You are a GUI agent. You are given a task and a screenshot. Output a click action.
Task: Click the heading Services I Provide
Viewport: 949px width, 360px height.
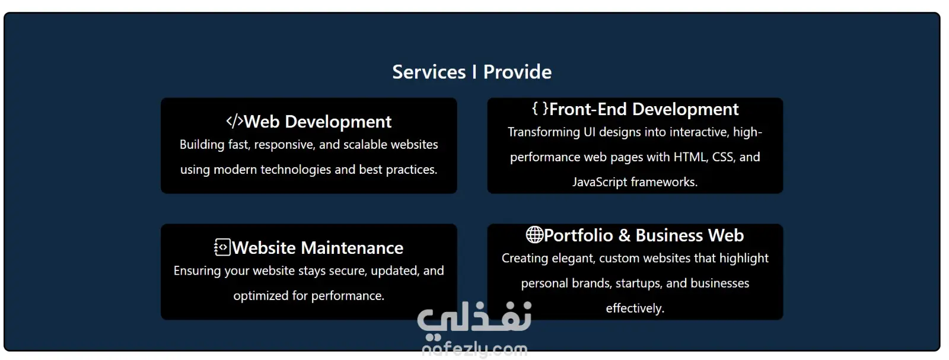point(472,72)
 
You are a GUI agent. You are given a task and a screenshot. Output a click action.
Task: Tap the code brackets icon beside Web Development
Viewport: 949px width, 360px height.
point(235,121)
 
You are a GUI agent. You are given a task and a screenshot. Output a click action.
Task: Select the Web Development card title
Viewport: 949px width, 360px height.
point(318,122)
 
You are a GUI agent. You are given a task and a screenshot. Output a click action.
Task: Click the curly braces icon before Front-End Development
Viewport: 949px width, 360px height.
point(540,109)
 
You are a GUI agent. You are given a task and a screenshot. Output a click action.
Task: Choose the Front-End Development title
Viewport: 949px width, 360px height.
point(644,109)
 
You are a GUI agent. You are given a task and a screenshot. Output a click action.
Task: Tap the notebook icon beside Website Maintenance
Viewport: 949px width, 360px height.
point(222,247)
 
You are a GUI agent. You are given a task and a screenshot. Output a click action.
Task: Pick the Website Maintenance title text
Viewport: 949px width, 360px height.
point(318,248)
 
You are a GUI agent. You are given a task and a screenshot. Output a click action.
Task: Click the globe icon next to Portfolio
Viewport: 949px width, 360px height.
point(534,235)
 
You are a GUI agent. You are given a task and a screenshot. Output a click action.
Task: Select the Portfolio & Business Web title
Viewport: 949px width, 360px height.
point(644,235)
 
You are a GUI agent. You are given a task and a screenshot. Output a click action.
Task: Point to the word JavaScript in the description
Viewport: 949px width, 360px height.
point(600,182)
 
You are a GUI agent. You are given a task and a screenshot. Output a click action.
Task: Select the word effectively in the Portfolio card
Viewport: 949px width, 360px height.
point(635,308)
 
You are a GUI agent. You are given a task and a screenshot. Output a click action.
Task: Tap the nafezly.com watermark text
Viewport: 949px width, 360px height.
point(474,349)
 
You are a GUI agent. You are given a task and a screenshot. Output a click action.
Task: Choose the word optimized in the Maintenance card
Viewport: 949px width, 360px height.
point(261,295)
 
